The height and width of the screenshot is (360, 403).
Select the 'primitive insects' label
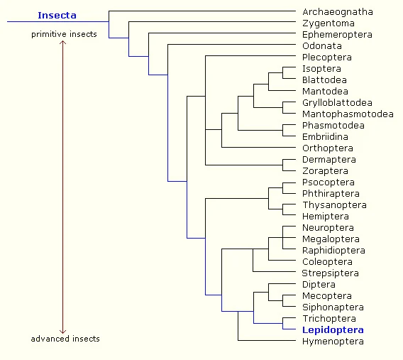click(x=64, y=34)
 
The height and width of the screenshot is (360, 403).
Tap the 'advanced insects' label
click(x=65, y=339)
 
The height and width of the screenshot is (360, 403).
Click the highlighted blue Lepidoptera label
click(x=333, y=330)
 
